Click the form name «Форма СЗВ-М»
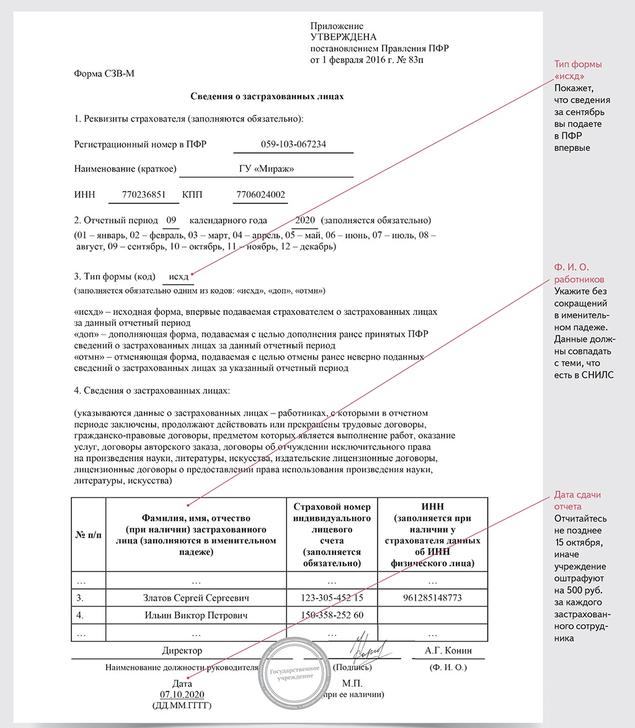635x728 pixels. click(104, 74)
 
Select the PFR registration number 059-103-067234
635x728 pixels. click(293, 145)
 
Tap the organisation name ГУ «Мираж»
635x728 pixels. click(266, 169)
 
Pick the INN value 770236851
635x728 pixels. click(144, 194)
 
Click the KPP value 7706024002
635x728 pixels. click(260, 194)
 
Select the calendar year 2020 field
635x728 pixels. click(305, 220)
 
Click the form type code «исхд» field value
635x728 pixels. click(178, 277)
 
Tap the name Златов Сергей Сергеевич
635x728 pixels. click(196, 598)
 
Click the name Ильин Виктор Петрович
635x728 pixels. click(196, 615)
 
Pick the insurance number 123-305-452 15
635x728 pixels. click(332, 598)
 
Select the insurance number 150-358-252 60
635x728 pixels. click(332, 615)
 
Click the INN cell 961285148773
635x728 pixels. click(432, 598)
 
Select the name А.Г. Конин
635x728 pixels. click(448, 650)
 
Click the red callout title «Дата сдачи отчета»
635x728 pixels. click(577, 501)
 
